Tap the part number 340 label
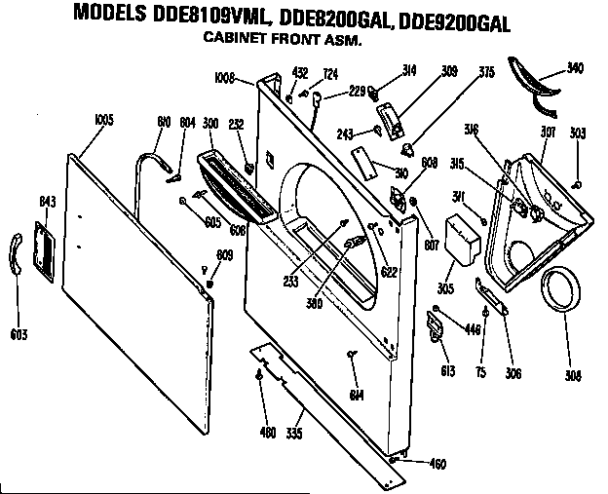pos(576,69)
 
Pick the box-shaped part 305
pos(465,239)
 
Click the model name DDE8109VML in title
pos(196,18)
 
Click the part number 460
pos(437,463)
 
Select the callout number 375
pos(486,71)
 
